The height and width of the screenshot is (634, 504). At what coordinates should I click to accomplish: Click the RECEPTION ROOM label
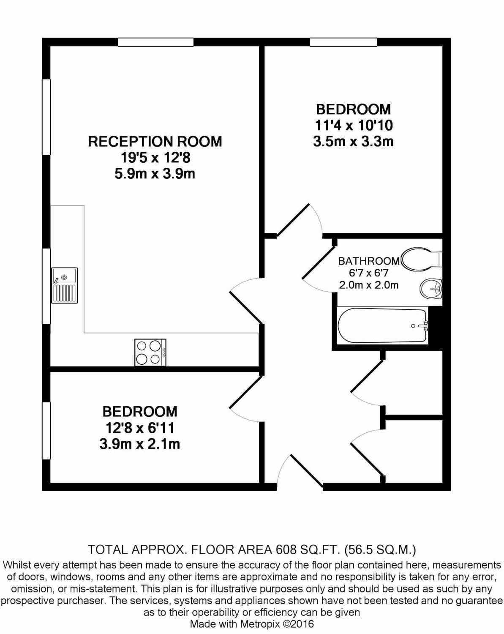coord(155,142)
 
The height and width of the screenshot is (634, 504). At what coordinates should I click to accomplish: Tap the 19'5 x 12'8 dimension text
coord(155,158)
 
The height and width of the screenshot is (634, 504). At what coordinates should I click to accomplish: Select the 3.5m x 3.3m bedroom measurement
coord(353,142)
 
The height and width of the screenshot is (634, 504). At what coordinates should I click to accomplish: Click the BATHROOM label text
coord(368,261)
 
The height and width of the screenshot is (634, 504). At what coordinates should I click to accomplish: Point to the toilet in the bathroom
coord(422,259)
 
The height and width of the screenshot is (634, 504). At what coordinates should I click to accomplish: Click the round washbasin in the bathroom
coord(431,289)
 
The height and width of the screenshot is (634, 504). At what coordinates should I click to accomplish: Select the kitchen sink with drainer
coord(65,285)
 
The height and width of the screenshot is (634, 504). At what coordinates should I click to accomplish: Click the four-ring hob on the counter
coord(150,353)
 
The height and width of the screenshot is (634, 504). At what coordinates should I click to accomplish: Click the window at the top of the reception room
coord(155,42)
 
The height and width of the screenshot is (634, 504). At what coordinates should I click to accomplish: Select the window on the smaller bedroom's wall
coord(46,431)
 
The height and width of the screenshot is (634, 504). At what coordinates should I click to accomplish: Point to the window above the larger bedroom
coord(343,42)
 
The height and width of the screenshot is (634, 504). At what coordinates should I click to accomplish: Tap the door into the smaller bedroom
coord(246,392)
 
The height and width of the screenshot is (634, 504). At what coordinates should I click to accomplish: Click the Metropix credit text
coord(252,624)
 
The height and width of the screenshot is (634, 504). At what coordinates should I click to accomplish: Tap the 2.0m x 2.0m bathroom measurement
coord(368,285)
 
